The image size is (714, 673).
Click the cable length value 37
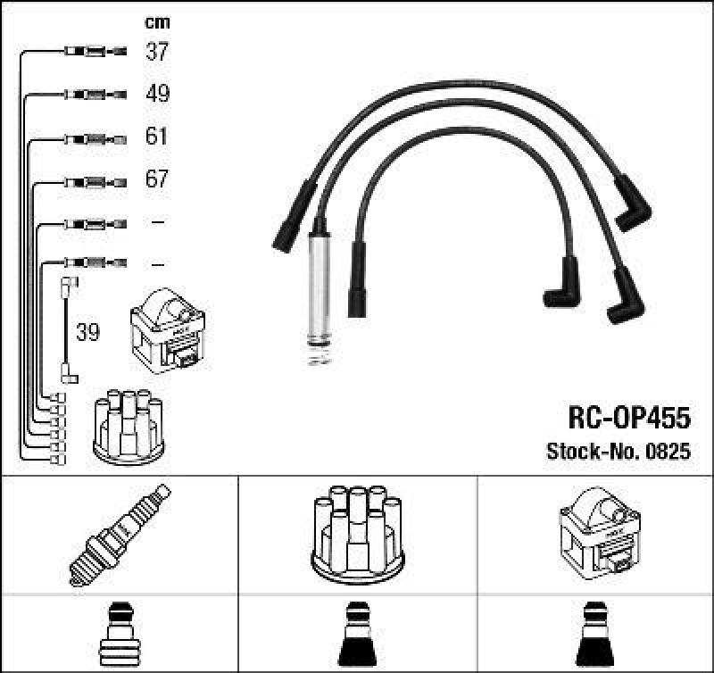pyautogui.click(x=157, y=52)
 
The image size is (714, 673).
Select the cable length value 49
pyautogui.click(x=157, y=94)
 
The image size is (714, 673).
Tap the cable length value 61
pyautogui.click(x=157, y=137)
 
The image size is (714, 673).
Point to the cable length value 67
pyautogui.click(x=157, y=179)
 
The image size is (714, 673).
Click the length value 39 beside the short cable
pyautogui.click(x=87, y=332)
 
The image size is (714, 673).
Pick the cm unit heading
pyautogui.click(x=157, y=22)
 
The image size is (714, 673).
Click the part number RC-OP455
pyautogui.click(x=629, y=417)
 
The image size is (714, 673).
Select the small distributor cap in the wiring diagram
pyautogui.click(x=129, y=426)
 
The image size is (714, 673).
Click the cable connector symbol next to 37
pyautogui.click(x=95, y=52)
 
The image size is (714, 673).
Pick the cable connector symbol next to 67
pyautogui.click(x=95, y=179)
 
